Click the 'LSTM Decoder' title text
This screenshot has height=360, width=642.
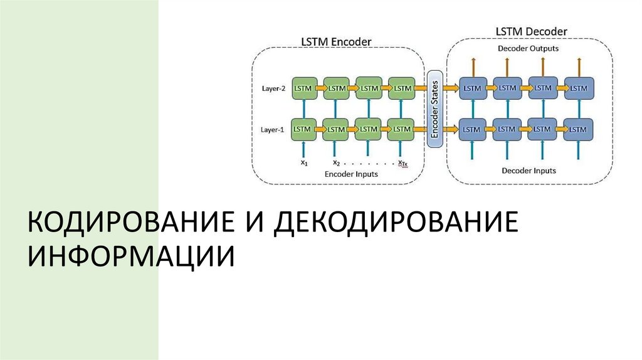point(531,31)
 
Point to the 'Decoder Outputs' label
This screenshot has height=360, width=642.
point(528,48)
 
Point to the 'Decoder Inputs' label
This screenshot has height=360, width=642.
point(529,171)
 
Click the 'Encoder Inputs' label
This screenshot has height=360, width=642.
point(351,174)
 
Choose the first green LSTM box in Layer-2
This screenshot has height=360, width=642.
point(303,88)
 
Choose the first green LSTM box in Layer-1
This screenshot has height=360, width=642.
point(303,129)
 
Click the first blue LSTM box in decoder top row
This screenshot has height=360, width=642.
point(472,88)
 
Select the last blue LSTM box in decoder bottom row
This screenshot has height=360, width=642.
point(577,129)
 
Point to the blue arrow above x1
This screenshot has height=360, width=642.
point(303,149)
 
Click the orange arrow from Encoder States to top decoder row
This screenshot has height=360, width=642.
point(450,88)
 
